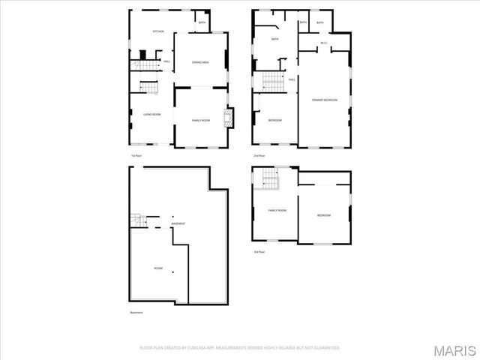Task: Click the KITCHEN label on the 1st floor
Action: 158,31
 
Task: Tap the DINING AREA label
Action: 199,62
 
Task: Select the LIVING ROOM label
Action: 152,114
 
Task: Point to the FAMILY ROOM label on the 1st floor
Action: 200,121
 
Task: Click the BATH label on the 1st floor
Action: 202,22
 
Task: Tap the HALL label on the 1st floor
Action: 166,61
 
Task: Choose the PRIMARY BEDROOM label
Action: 325,100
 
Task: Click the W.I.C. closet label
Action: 323,43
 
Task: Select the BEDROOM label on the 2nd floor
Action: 275,120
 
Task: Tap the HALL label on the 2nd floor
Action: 291,79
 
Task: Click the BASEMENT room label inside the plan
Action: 178,224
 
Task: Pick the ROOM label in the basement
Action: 158,268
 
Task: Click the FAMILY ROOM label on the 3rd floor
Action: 277,211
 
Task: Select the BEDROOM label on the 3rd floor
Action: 323,216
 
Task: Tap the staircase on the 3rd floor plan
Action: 270,178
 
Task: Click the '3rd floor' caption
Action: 259,251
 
